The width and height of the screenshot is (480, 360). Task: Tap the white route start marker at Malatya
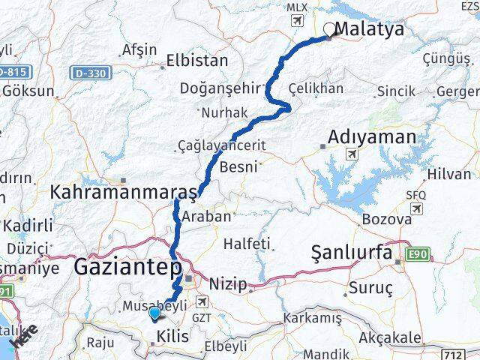[x=329, y=30]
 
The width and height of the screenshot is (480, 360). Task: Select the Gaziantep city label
[x=128, y=267]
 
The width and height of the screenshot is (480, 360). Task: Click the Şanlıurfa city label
[x=352, y=254]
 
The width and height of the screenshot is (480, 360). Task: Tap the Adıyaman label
[x=372, y=137]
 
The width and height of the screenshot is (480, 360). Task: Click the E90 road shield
[x=418, y=255]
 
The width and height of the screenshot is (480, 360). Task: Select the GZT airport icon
[x=202, y=301]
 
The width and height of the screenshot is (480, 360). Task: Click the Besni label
[x=241, y=166]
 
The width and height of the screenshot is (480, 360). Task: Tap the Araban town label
[x=206, y=216]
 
